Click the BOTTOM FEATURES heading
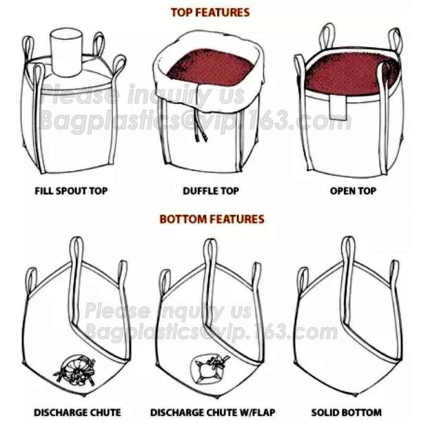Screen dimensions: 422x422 coord(211,219)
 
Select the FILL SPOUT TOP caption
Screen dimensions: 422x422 coord(72,191)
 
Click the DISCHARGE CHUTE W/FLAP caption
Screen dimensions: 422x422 coord(210,412)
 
